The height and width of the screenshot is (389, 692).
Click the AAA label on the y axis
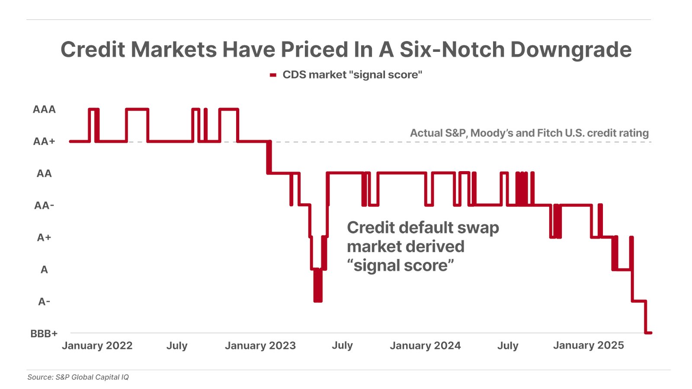(44, 109)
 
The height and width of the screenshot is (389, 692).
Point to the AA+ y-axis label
(44, 141)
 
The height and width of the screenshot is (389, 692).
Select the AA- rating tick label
(44, 205)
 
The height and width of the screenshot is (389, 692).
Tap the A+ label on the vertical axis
(44, 237)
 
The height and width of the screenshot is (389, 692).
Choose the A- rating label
(44, 301)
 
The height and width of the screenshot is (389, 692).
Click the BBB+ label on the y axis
(44, 333)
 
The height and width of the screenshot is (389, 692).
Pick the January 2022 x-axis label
(97, 345)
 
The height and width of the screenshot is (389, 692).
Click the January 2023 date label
(260, 345)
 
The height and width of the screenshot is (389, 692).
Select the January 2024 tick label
(425, 345)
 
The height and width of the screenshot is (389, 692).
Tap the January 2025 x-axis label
(588, 345)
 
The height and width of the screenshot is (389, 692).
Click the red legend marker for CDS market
(273, 75)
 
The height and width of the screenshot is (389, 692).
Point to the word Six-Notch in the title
(452, 49)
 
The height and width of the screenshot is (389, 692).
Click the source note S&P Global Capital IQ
(92, 377)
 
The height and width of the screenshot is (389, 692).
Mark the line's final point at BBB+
(650, 333)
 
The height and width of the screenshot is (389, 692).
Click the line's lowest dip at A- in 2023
(318, 300)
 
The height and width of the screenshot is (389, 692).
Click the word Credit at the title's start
(93, 49)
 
